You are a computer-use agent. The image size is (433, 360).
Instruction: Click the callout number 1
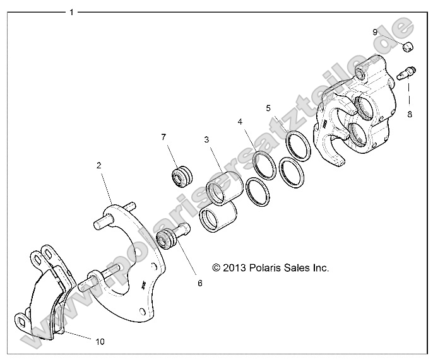tap(71, 12)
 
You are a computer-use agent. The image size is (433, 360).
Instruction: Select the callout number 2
tap(98, 165)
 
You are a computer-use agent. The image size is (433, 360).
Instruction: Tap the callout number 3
tap(206, 139)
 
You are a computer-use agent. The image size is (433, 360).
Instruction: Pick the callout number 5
tap(268, 108)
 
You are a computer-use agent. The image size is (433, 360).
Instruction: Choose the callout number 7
tap(163, 137)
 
